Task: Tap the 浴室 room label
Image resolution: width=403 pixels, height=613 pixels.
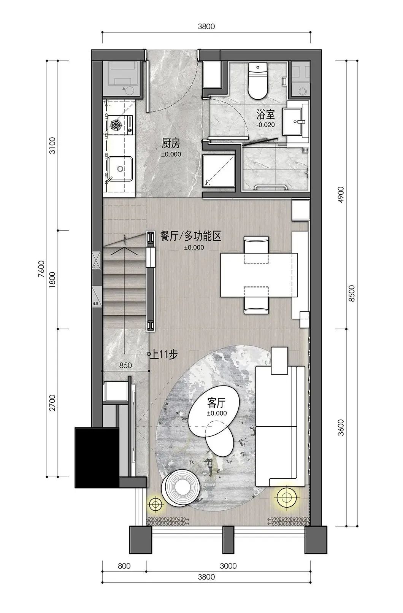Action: (x=265, y=114)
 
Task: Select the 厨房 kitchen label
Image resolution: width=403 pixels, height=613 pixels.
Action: (x=170, y=144)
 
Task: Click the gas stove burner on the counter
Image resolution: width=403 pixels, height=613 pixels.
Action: (x=115, y=124)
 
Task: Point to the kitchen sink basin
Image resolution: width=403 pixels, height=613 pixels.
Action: (x=120, y=168)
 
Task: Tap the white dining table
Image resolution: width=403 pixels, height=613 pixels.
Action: (x=259, y=275)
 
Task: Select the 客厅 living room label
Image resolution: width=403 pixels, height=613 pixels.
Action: (x=217, y=402)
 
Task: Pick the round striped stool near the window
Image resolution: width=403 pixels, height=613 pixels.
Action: (x=181, y=488)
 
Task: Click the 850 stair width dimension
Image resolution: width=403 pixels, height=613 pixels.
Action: (x=125, y=365)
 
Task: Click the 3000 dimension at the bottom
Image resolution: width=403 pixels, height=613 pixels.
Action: (x=228, y=566)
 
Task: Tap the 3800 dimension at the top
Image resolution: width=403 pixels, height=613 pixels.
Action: (x=206, y=26)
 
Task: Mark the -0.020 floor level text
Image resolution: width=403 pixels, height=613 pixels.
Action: (x=265, y=125)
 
